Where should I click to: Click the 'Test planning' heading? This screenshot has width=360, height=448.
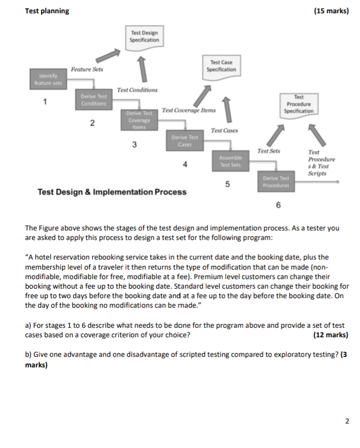point(47,11)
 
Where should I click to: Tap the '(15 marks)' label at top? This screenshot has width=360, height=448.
point(330,11)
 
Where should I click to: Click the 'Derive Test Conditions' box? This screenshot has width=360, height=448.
point(94,100)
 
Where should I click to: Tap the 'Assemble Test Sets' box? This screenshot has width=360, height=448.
point(229,160)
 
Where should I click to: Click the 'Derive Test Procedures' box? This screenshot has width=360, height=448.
point(276,181)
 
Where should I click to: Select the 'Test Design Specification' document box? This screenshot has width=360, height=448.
point(144,36)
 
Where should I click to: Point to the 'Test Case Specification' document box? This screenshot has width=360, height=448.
point(222,66)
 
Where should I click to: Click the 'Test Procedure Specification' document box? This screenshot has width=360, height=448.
point(299,104)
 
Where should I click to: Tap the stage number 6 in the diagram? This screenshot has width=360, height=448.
point(278,205)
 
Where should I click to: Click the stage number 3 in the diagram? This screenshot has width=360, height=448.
point(134,144)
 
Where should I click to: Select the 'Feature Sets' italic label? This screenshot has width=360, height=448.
point(87,69)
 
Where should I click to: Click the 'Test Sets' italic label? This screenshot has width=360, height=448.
point(269,150)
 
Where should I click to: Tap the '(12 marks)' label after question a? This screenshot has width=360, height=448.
point(330,334)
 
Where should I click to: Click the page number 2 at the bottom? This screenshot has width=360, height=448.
point(347,420)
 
